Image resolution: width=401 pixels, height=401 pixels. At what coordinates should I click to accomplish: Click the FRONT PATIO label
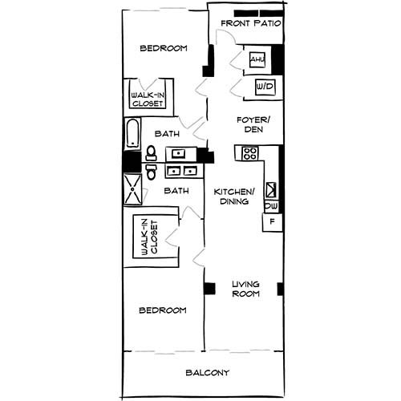(250, 24)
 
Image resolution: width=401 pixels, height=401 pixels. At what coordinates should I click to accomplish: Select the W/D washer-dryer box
(264, 87)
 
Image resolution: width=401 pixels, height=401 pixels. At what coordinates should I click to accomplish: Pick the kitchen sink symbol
(272, 190)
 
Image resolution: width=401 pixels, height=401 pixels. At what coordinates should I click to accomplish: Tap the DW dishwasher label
(271, 206)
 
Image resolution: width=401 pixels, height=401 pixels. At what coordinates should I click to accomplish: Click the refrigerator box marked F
(273, 221)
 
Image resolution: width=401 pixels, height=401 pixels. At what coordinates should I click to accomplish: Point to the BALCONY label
(208, 373)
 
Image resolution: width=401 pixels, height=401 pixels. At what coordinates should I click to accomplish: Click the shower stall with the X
(131, 190)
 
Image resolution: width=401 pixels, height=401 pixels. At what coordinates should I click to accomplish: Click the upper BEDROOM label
(164, 49)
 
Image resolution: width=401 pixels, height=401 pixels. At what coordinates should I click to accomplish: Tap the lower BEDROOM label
(163, 310)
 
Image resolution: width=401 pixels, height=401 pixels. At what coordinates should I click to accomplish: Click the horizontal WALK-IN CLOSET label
(146, 99)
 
